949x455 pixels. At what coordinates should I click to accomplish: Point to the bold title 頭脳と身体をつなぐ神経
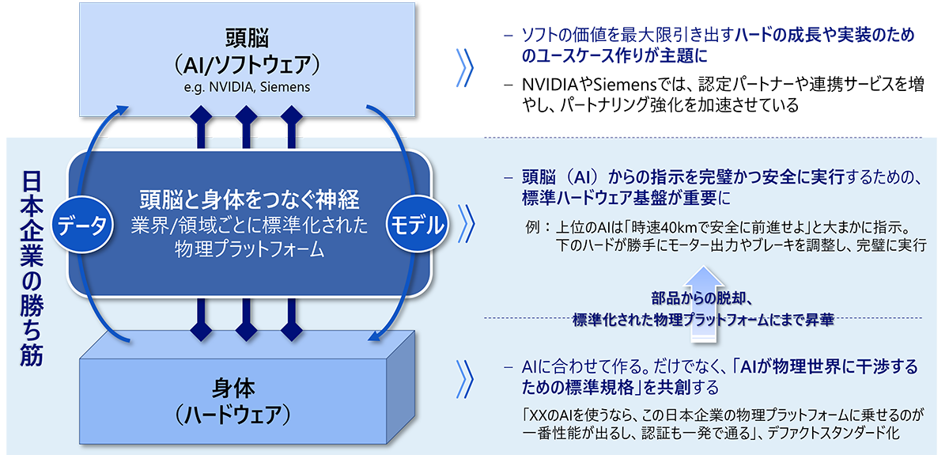[250, 198]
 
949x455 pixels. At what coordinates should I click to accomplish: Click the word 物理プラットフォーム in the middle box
[250, 251]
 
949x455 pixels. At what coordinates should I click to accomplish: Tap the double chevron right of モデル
[465, 225]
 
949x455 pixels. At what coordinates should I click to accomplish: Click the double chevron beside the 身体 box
[465, 377]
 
